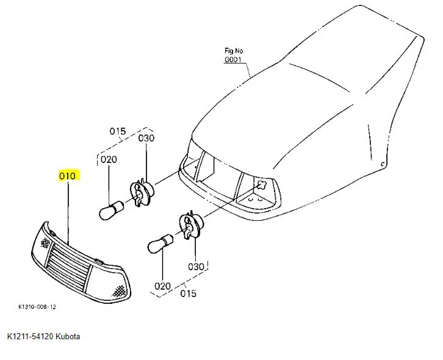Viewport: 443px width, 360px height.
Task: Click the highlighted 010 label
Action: (x=67, y=176)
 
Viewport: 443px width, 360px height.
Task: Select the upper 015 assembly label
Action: (x=117, y=131)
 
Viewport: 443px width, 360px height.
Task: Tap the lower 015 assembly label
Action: (x=189, y=293)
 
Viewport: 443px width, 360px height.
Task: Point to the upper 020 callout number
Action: (x=109, y=160)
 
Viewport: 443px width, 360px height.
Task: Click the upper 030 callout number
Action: (x=146, y=139)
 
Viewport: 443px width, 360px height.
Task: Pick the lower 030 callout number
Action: (x=196, y=267)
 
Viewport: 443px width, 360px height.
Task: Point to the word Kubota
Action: (x=68, y=337)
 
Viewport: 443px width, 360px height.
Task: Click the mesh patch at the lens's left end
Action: (x=47, y=243)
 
